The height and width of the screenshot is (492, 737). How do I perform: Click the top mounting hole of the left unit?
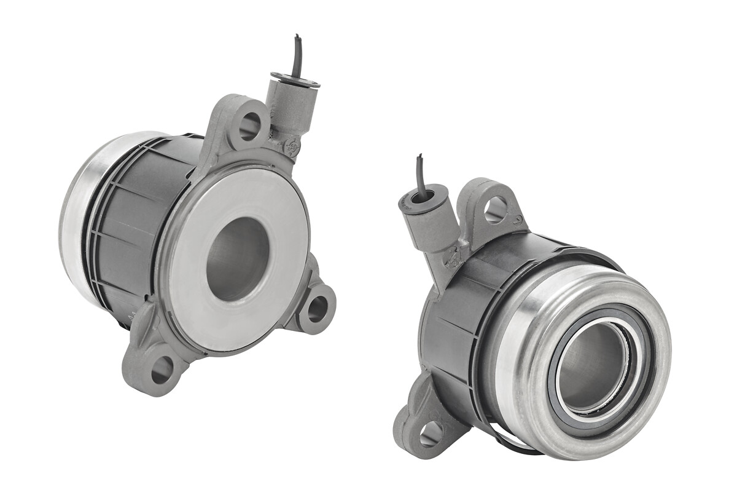[x=249, y=125]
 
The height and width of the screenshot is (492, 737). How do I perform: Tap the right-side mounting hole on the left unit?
[x=318, y=308]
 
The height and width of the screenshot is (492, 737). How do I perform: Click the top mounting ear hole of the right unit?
[x=495, y=210]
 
